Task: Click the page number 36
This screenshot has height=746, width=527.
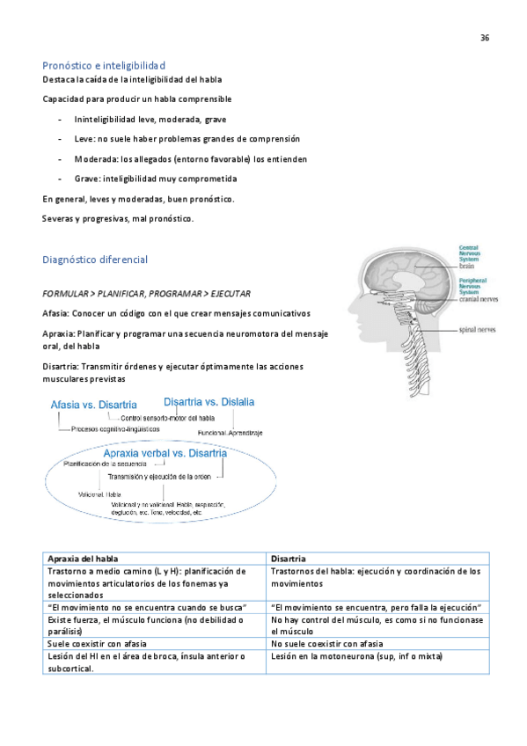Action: [x=485, y=38]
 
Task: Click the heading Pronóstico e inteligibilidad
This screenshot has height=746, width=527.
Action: [x=104, y=66]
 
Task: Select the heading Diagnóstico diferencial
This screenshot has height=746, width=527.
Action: [x=95, y=260]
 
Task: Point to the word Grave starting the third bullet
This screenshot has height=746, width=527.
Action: [x=74, y=179]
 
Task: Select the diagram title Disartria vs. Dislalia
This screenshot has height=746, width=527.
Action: [x=209, y=401]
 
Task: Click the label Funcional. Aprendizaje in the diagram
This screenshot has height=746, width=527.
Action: [x=230, y=433]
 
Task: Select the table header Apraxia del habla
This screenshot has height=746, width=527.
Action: [x=84, y=558]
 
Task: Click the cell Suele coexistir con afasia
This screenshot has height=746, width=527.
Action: [x=97, y=644]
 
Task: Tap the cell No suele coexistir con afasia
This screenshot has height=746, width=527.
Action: [x=327, y=644]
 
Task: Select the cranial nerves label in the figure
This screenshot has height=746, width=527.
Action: [x=480, y=298]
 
